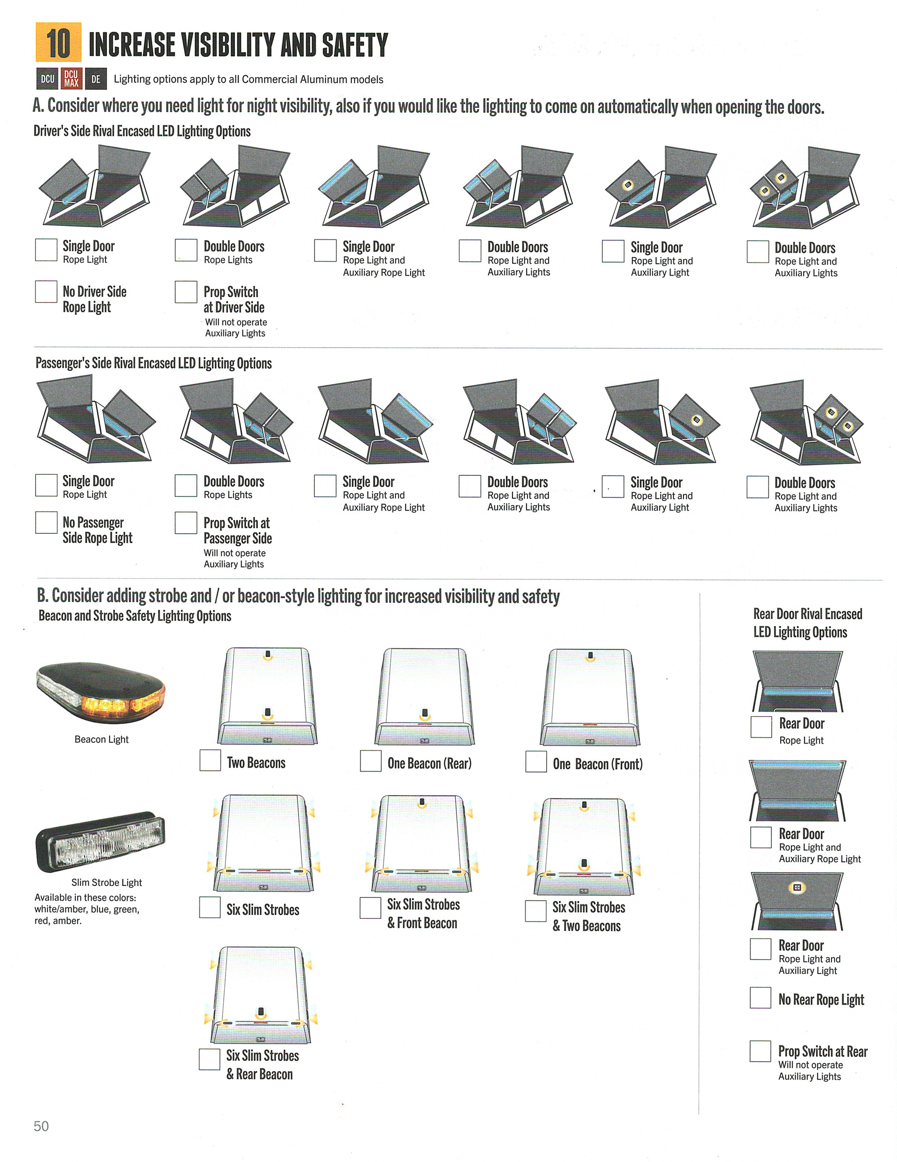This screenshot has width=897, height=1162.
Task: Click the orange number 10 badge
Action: coord(58,43)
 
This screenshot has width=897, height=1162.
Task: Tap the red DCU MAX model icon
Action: coord(71,79)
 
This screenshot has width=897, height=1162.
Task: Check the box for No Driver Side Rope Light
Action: coord(46,292)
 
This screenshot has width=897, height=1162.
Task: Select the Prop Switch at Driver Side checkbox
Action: coord(186,292)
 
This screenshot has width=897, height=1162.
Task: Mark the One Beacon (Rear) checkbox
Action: coord(370,761)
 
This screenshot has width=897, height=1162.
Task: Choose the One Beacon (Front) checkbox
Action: coord(536,761)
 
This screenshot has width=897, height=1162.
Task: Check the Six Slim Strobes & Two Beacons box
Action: coord(535,911)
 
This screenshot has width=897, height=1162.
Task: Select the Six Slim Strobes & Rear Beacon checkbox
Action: coord(209,1059)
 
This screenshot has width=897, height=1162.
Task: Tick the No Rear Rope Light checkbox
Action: coord(761,997)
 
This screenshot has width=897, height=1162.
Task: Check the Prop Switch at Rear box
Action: coord(761,1051)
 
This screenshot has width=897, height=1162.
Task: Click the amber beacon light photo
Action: coord(101,692)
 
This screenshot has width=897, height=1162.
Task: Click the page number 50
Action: coord(41,1126)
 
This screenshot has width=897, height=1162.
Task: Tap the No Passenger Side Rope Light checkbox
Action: coord(46,522)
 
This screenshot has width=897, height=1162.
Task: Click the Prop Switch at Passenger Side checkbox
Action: coord(186,523)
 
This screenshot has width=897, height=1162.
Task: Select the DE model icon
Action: coord(96,79)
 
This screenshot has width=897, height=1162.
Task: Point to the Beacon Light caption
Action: coord(101,739)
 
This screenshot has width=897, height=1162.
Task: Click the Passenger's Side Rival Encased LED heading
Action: coord(154,363)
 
